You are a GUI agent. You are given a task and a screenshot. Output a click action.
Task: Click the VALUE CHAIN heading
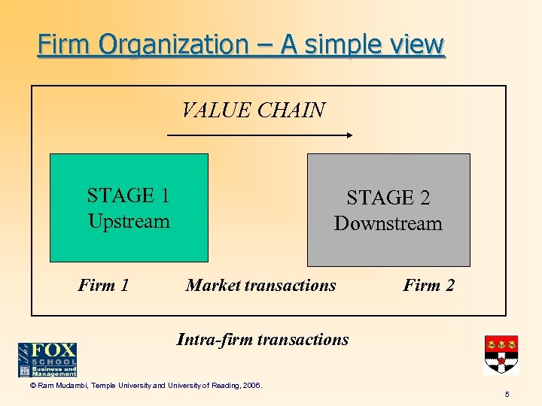[x=254, y=111]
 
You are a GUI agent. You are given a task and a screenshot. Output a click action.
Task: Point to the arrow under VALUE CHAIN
[x=259, y=135]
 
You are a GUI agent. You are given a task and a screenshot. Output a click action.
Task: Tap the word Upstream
[x=129, y=221]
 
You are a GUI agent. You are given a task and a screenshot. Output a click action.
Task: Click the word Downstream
[x=388, y=223]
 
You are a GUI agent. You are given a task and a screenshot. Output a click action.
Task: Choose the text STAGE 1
[x=129, y=195]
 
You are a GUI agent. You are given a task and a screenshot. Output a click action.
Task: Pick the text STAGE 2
[x=388, y=198]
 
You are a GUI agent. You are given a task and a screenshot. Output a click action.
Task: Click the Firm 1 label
[x=104, y=285]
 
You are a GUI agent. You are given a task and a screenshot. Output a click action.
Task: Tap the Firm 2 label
[x=429, y=285]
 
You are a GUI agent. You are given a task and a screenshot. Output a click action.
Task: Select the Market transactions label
[x=260, y=285]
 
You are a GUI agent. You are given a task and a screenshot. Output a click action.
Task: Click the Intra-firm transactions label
[x=263, y=339]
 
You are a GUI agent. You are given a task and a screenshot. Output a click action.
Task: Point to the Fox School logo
[x=47, y=359]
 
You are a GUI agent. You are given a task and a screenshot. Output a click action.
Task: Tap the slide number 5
[x=507, y=393]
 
